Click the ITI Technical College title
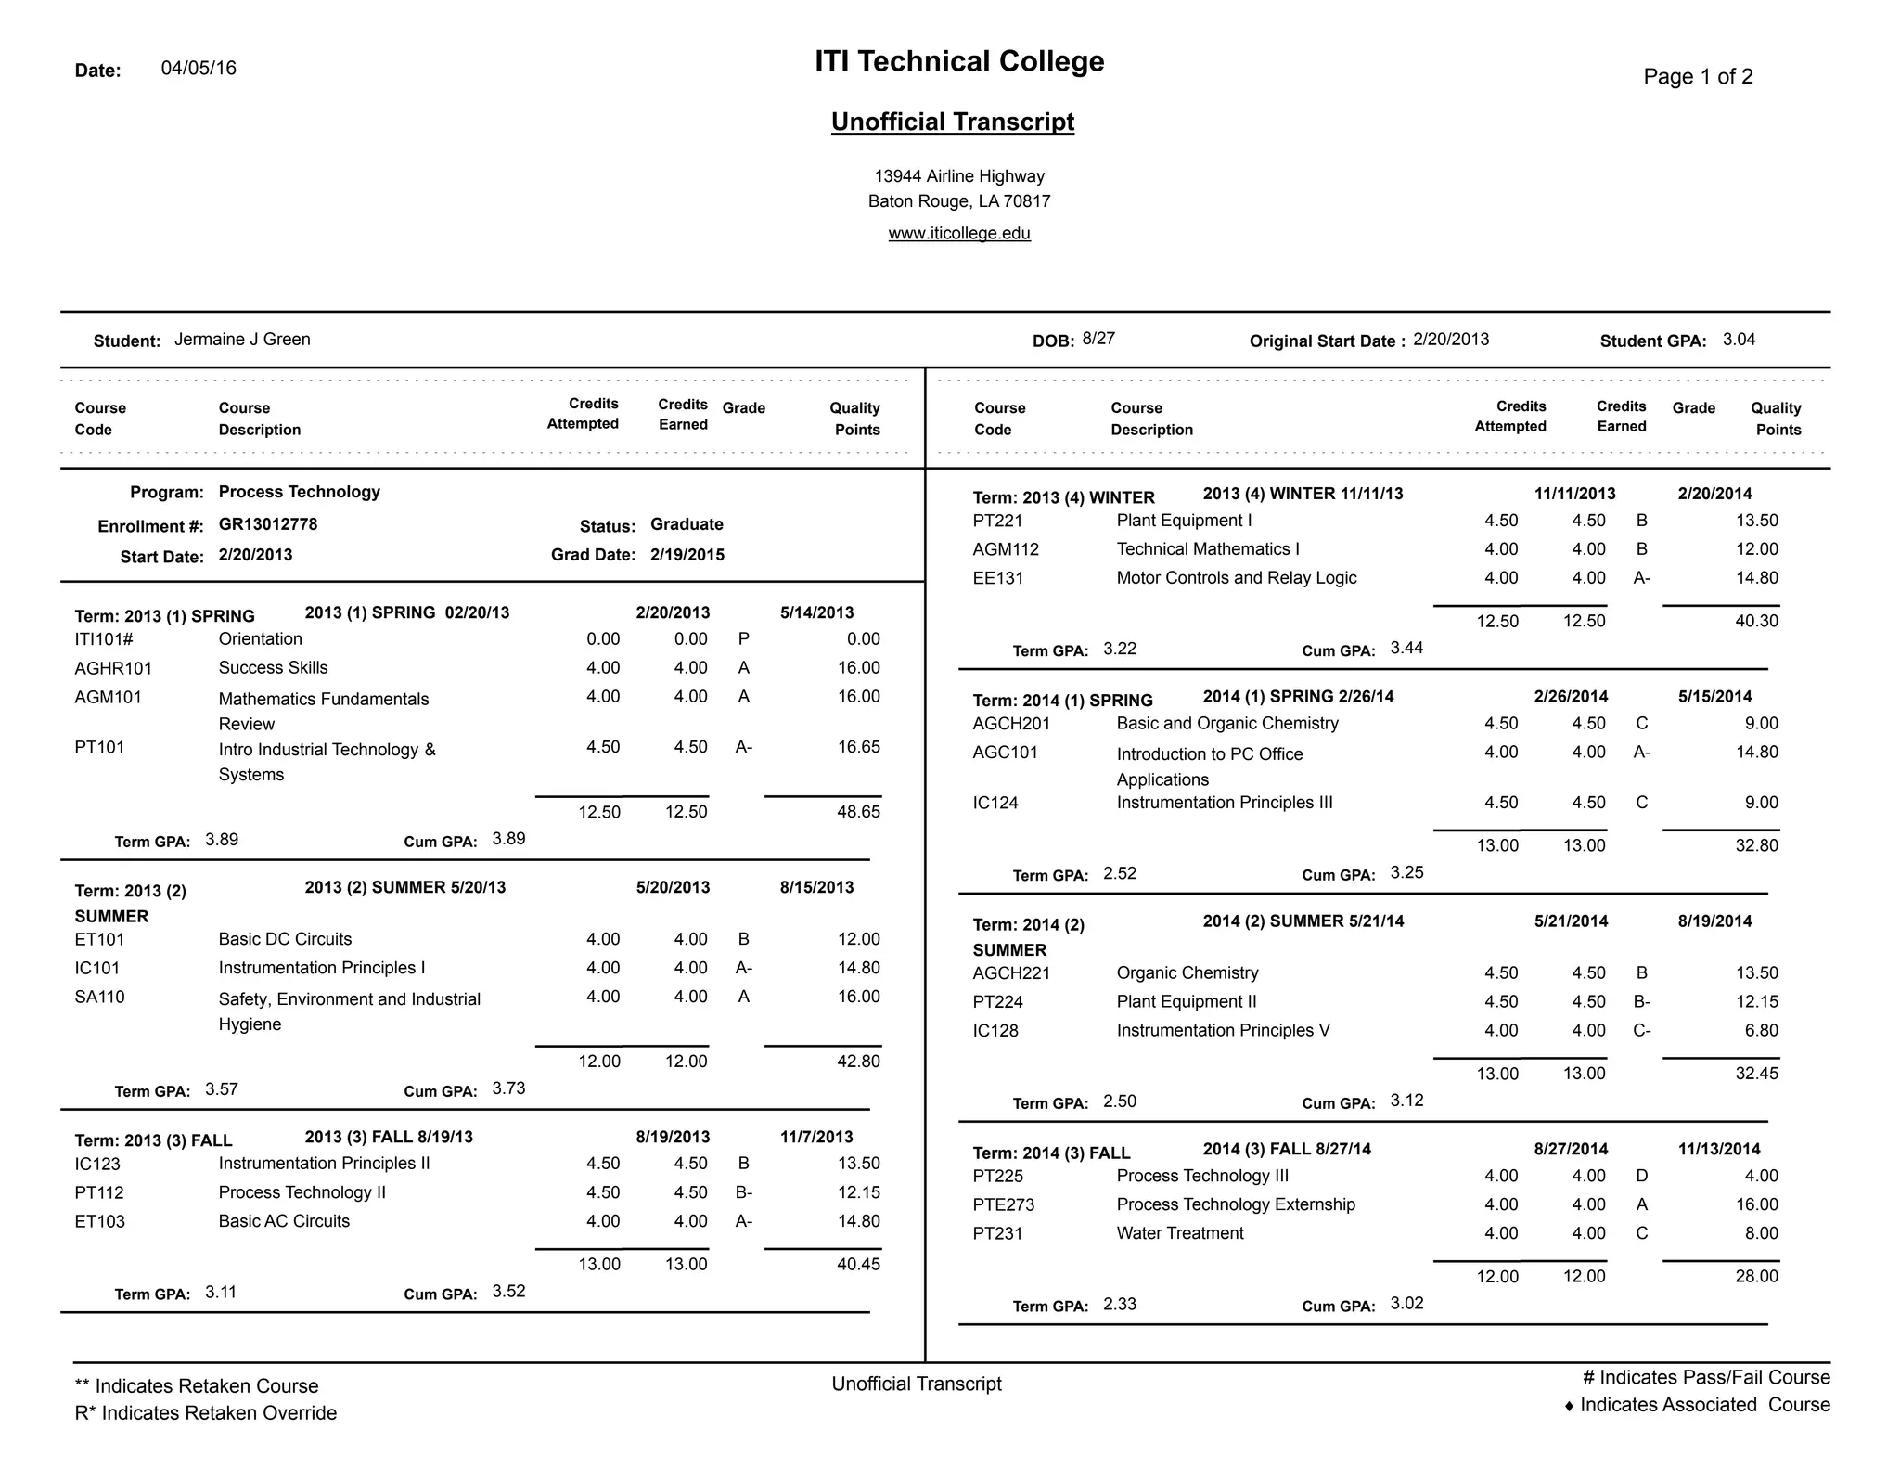pos(959,61)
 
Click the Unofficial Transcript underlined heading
pos(952,122)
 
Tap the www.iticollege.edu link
pos(959,233)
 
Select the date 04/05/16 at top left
pos(199,68)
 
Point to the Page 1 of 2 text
pos(1698,76)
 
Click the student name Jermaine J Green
pos(242,339)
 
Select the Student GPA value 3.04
pos(1739,339)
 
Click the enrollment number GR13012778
pos(267,524)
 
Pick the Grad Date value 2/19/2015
pos(687,555)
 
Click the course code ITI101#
pos(104,639)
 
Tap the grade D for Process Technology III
pos(1641,1176)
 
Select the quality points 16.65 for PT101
pos(858,747)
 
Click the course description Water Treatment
pos(1179,1233)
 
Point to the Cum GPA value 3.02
pos(1406,1303)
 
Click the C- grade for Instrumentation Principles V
pos(1641,1030)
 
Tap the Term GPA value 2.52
pos(1119,873)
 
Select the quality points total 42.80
pos(858,1061)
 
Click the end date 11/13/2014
pos(1718,1149)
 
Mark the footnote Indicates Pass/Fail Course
pos(1705,1377)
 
